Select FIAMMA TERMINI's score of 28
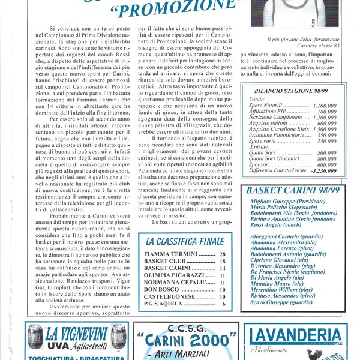tap(223, 254)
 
